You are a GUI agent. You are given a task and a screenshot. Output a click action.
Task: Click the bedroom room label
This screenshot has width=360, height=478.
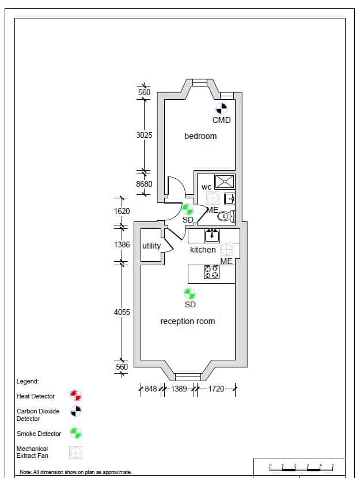(200, 136)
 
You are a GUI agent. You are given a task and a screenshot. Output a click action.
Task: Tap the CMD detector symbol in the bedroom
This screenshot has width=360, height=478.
(221, 108)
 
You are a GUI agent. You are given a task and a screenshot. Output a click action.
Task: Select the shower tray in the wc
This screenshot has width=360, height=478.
(225, 182)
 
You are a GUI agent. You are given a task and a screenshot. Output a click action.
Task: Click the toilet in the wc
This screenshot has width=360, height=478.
(226, 216)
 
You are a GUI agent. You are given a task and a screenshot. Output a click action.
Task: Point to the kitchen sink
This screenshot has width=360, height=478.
(211, 235)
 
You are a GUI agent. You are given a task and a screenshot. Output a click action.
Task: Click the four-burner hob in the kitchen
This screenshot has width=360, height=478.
(211, 272)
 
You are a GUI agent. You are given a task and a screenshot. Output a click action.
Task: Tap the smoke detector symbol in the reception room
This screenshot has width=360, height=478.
(190, 294)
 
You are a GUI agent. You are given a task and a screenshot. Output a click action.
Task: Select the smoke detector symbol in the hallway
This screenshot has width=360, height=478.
(187, 209)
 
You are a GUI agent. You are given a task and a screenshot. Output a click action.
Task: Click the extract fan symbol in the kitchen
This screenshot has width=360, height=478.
(226, 249)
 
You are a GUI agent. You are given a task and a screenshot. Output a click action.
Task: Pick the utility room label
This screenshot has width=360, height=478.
(151, 246)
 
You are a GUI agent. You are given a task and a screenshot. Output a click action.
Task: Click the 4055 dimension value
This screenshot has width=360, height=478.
(122, 312)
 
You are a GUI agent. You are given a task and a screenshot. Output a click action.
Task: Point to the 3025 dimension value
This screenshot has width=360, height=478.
(144, 135)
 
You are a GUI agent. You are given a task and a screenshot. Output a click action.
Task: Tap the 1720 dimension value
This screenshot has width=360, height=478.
(216, 389)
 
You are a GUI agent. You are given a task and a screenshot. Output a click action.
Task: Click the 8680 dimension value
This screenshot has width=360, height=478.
(144, 184)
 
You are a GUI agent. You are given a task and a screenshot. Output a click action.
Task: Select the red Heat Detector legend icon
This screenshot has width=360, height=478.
(75, 396)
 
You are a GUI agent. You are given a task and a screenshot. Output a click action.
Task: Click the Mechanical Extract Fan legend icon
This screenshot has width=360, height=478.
(75, 453)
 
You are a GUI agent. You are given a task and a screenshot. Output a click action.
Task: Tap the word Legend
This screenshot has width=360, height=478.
(28, 381)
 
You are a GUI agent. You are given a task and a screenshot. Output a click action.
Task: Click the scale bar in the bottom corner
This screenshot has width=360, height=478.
(301, 468)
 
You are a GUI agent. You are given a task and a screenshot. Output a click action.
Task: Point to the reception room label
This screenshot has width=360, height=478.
(188, 321)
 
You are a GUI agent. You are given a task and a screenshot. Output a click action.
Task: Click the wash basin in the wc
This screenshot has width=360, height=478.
(230, 199)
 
